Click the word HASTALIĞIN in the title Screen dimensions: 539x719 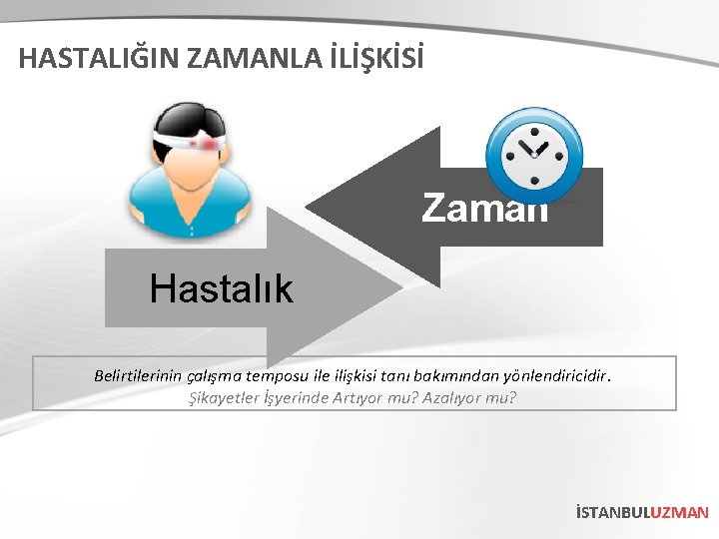tap(86, 58)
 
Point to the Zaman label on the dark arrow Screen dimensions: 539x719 tap(484, 209)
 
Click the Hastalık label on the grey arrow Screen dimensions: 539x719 tap(221, 289)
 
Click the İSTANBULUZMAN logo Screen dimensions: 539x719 tap(641, 512)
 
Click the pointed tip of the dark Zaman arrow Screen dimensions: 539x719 tap(309, 208)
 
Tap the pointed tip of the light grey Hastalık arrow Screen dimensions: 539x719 tap(400, 289)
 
